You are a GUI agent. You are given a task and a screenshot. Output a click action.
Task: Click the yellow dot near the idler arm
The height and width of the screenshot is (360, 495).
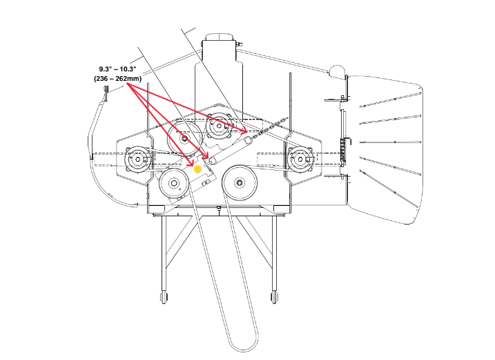(x=197, y=168)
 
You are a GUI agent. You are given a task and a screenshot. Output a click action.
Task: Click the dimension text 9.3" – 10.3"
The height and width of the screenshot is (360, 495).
(x=118, y=70)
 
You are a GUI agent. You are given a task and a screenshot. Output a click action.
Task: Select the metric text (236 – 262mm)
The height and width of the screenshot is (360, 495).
(x=118, y=79)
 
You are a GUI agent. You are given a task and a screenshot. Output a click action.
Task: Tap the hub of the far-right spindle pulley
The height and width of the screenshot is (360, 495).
(x=301, y=160)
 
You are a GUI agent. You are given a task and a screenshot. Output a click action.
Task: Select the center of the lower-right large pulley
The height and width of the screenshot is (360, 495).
(x=240, y=183)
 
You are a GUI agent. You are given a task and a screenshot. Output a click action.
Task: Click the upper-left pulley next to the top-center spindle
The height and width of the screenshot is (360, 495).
(x=184, y=138)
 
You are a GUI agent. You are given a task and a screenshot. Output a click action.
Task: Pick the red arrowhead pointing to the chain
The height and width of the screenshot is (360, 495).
(x=244, y=129)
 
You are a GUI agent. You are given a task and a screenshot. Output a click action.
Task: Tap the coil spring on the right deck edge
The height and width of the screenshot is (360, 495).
(x=343, y=149)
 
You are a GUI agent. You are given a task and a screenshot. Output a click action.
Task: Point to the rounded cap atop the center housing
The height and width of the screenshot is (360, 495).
(x=220, y=38)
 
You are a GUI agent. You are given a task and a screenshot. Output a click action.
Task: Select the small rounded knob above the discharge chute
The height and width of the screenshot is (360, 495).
(x=336, y=71)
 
